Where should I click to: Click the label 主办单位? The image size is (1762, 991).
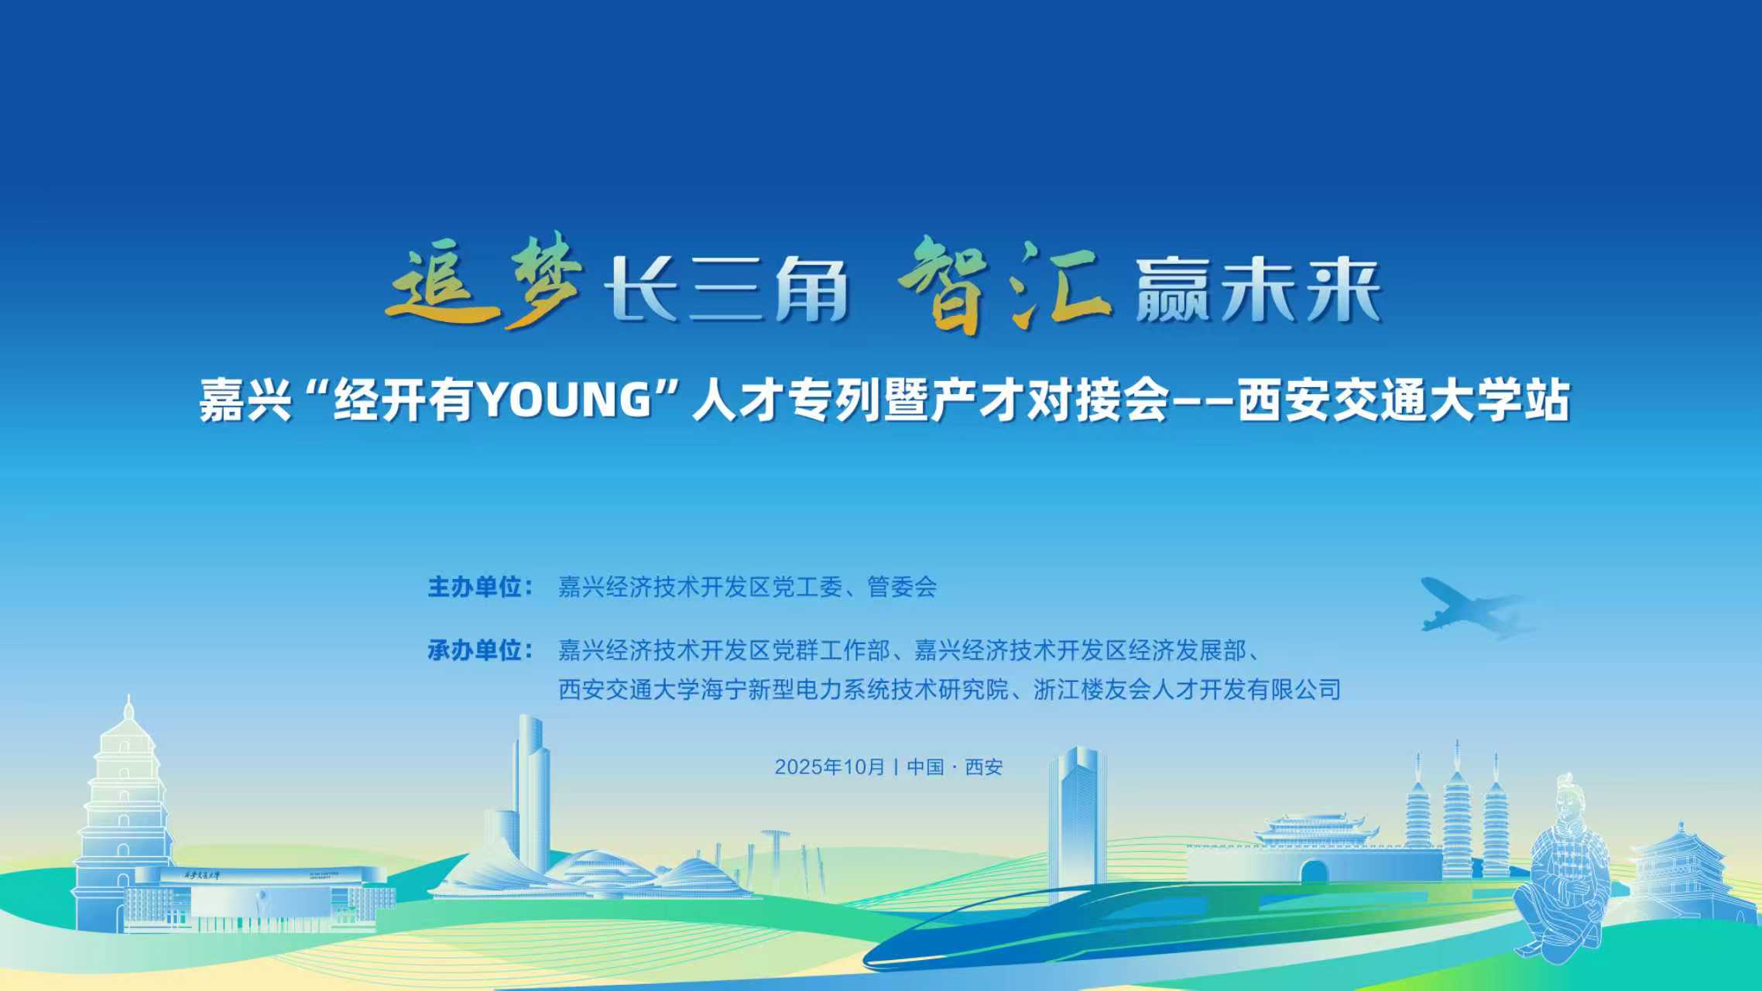[474, 587]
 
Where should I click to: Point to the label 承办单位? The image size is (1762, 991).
[474, 650]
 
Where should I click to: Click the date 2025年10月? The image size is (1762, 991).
[829, 767]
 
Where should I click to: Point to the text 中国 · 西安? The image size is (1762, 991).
[955, 767]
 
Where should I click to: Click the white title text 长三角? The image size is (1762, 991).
[725, 290]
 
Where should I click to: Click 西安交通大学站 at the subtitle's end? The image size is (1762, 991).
[1404, 400]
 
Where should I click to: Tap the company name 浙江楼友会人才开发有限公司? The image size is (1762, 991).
[1187, 689]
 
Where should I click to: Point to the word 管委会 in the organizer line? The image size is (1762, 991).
[902, 587]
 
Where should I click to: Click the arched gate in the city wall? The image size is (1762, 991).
[1314, 872]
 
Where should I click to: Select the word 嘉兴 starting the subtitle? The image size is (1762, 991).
[245, 400]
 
